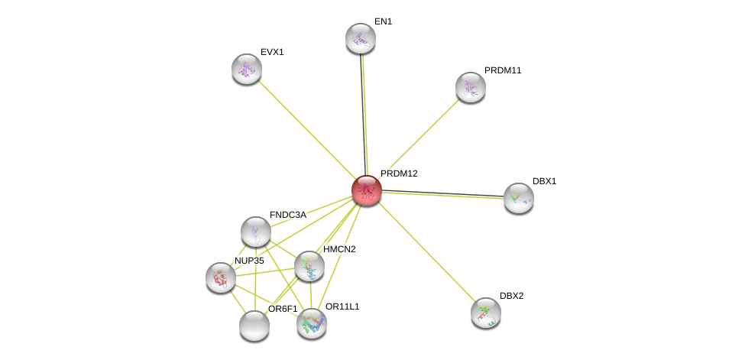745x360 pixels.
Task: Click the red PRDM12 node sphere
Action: point(366,190)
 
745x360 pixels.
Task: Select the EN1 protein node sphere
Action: point(361,38)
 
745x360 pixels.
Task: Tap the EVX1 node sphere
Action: point(247,69)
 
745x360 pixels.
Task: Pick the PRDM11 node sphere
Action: point(471,87)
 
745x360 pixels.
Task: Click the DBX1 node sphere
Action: point(518,198)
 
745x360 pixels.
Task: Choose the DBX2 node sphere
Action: point(485,313)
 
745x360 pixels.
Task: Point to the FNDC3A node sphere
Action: point(256,232)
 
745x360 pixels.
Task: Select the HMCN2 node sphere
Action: point(309,266)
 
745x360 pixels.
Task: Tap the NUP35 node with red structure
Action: point(221,277)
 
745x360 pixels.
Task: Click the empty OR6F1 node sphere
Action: point(254,326)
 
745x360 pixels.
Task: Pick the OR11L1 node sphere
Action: point(311,323)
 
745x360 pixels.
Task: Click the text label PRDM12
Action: point(399,174)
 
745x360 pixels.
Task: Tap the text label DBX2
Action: point(511,296)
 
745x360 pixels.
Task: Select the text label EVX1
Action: point(272,52)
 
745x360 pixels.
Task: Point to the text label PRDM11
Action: point(503,70)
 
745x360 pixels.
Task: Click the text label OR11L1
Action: point(342,306)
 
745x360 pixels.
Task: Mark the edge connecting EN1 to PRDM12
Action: point(364,114)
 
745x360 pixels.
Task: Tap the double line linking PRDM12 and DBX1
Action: point(443,194)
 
